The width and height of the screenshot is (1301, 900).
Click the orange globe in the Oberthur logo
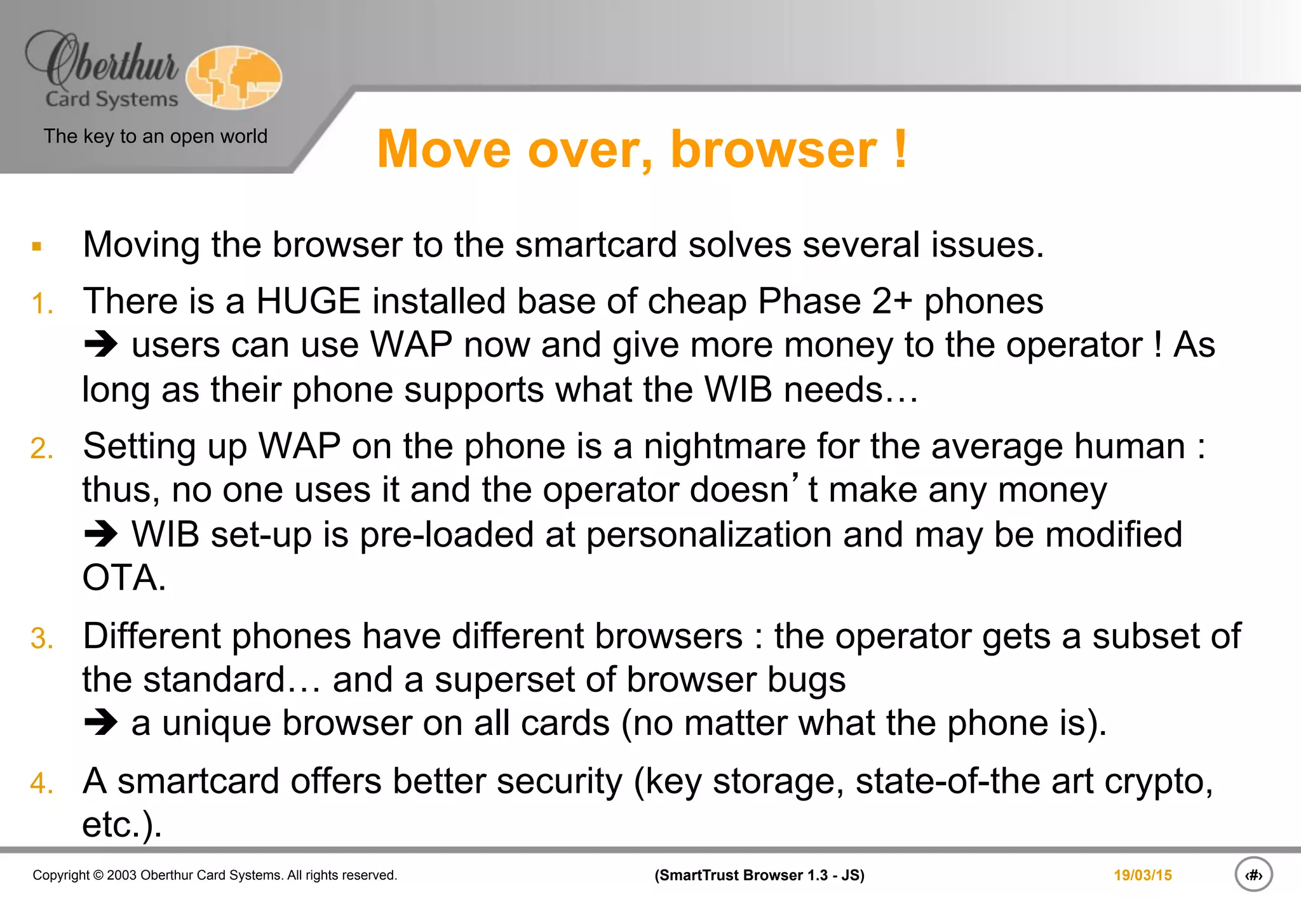(x=234, y=77)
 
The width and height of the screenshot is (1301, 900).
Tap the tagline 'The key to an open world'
(x=155, y=136)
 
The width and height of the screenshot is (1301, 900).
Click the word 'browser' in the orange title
(x=774, y=150)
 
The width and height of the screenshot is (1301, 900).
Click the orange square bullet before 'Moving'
(x=37, y=246)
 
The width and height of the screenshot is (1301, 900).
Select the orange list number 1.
(x=42, y=303)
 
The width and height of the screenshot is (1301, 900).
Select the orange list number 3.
(x=42, y=639)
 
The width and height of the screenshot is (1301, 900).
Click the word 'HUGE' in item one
(x=308, y=301)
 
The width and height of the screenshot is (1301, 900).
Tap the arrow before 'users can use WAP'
(x=101, y=345)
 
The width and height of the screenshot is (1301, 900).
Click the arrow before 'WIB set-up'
(x=101, y=534)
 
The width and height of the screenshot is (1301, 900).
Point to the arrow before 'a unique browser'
(x=101, y=723)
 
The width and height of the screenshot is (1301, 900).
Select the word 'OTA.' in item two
(x=124, y=578)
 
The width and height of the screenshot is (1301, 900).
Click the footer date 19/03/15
(x=1142, y=875)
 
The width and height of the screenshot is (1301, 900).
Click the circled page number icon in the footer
(x=1253, y=875)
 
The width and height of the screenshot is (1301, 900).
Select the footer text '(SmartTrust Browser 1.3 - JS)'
(x=759, y=875)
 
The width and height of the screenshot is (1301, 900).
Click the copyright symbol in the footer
(x=98, y=875)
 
